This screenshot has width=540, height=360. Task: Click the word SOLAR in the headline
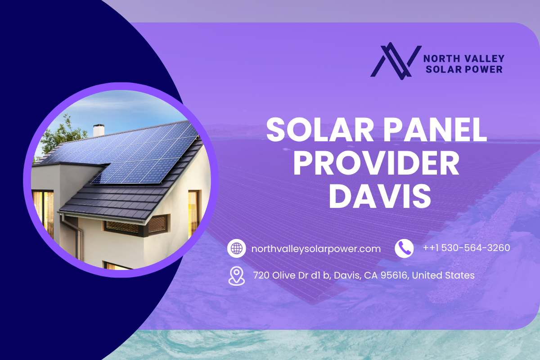[x=320, y=130]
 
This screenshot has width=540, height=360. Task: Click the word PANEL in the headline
[x=435, y=130]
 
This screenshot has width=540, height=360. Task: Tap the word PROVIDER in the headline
[x=376, y=163]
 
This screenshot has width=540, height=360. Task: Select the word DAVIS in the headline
[x=380, y=196]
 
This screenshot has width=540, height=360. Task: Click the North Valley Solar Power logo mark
[x=396, y=61]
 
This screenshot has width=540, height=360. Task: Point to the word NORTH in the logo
[x=438, y=58]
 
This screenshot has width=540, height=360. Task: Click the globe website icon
[x=237, y=248]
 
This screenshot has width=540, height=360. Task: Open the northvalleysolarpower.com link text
[x=316, y=249]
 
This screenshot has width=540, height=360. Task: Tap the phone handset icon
[x=404, y=248]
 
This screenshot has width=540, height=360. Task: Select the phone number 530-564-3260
[x=476, y=248]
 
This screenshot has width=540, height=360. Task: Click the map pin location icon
[x=237, y=276]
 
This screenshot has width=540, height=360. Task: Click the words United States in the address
[x=443, y=275]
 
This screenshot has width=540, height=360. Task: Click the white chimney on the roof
[x=99, y=130]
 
